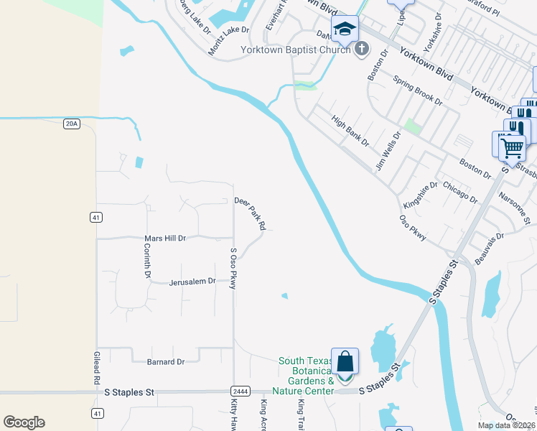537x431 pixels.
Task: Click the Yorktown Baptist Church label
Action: [294, 50]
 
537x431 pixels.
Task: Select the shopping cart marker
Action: [512, 147]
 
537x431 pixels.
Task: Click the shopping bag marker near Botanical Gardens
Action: [345, 362]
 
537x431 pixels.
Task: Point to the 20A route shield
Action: [70, 124]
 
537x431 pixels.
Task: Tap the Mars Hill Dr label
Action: [165, 238]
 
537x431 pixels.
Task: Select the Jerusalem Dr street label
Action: [192, 282]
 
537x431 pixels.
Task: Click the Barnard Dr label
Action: [166, 361]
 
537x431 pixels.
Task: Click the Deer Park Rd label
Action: [251, 213]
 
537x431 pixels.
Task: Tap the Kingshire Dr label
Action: [419, 193]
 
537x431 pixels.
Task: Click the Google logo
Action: [24, 422]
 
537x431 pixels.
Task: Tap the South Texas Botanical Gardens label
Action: [307, 376]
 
